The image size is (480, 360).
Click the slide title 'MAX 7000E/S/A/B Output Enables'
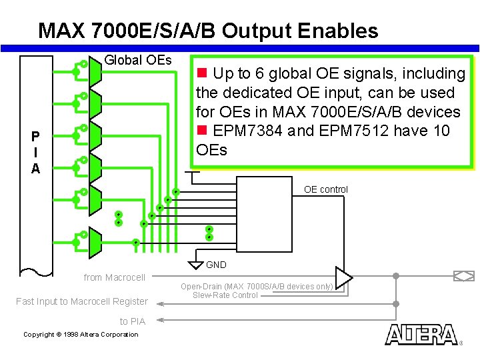pyautogui.click(x=208, y=31)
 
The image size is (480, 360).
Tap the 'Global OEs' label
pyautogui.click(x=138, y=60)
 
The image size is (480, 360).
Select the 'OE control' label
pyautogui.click(x=325, y=189)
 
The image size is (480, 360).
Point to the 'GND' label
pyautogui.click(x=216, y=265)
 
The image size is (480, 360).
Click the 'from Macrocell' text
pyautogui.click(x=114, y=277)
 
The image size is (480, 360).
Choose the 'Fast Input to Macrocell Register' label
pyautogui.click(x=81, y=301)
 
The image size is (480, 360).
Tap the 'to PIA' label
pyautogui.click(x=132, y=321)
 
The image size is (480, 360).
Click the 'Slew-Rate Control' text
pyautogui.click(x=225, y=295)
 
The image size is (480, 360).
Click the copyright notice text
pyautogui.click(x=81, y=335)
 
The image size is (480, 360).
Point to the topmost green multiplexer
pyautogui.click(x=95, y=70)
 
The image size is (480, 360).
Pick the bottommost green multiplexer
pyautogui.click(x=95, y=243)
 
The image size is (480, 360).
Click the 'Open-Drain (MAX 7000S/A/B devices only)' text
pyautogui.click(x=257, y=287)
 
